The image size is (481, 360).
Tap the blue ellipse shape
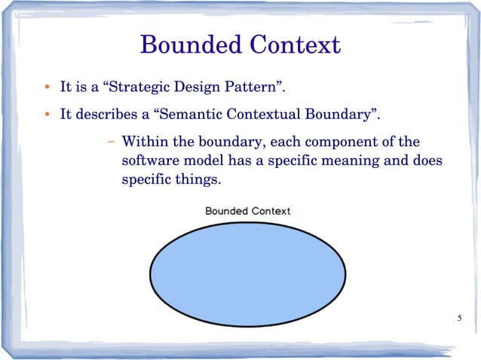click(x=248, y=269)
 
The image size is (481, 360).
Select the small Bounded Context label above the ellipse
click(x=247, y=211)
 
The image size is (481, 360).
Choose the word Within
click(x=143, y=142)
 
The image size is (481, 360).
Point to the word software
click(x=148, y=161)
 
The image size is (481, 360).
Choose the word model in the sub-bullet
click(x=200, y=161)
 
